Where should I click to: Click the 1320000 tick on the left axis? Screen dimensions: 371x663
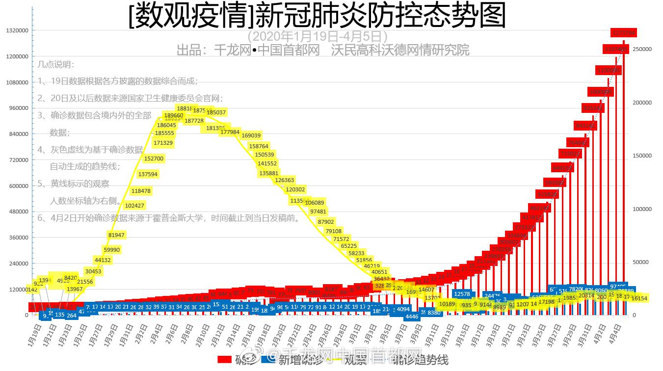tap(17, 30)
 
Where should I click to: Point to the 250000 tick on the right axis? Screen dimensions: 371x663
tap(642, 50)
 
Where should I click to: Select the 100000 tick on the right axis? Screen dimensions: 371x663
tap(642, 210)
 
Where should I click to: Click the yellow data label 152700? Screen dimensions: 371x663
tap(154, 159)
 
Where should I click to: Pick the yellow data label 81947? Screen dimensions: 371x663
tap(116, 235)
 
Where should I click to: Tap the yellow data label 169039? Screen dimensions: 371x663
tap(251, 135)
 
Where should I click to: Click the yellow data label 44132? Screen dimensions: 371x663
tap(103, 260)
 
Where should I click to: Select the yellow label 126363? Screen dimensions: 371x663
tap(285, 180)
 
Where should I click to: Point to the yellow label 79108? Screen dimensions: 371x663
tap(333, 231)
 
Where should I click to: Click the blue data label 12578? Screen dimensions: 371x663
tap(462, 294)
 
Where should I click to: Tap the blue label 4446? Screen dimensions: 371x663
tap(412, 317)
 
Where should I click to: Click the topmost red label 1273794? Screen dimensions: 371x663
tap(623, 33)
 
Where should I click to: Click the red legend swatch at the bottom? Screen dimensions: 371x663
tap(224, 360)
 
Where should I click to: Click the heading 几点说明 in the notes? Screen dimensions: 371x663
tap(56, 64)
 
